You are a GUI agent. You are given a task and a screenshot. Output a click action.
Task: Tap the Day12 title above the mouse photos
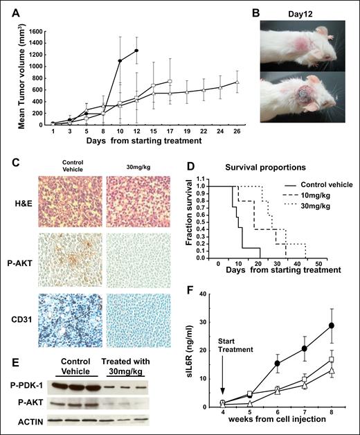point(291,12)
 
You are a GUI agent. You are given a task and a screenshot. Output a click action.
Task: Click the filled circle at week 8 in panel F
point(332,325)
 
